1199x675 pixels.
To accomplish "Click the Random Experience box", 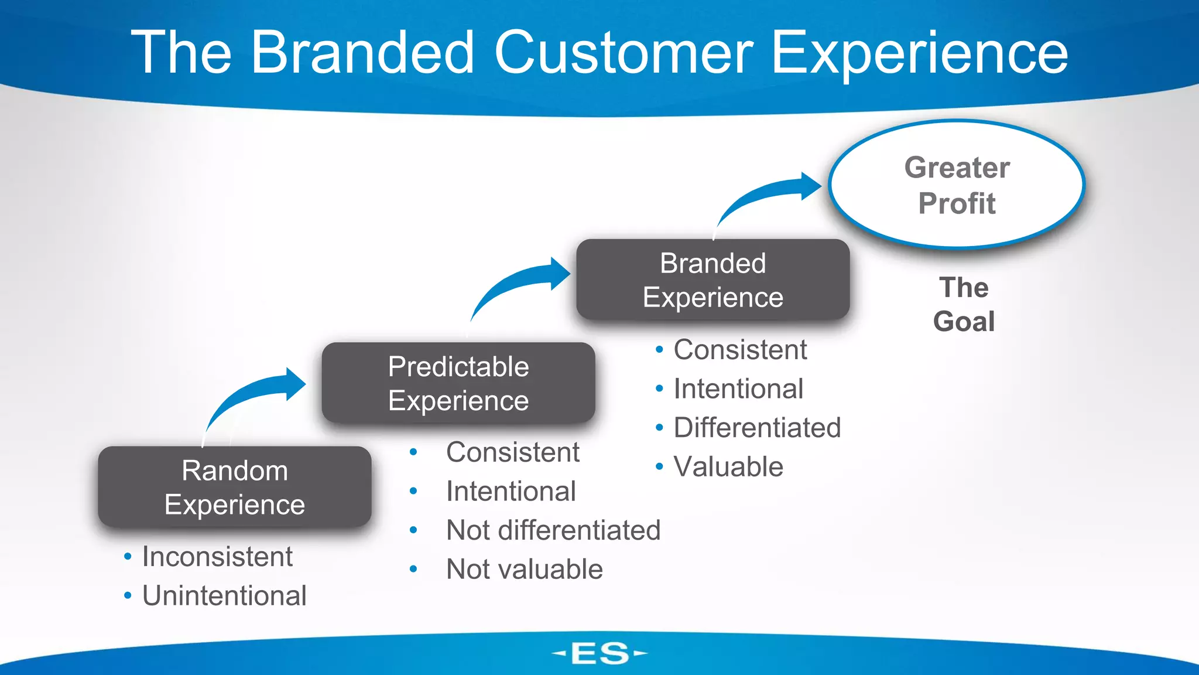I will (234, 487).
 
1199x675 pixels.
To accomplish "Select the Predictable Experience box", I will (458, 383).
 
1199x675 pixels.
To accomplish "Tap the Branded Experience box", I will (712, 280).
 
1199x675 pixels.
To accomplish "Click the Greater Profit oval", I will (956, 185).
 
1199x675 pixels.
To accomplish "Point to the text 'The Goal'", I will (964, 304).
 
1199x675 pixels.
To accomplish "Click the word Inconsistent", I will (217, 557).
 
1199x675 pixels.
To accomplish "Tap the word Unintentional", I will (224, 595).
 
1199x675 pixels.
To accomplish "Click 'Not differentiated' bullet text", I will (553, 530).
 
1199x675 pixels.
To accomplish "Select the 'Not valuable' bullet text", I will (525, 569).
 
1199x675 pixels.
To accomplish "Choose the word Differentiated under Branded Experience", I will (757, 428).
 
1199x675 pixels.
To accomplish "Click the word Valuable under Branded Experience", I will (728, 467).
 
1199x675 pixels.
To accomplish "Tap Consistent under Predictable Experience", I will (512, 452).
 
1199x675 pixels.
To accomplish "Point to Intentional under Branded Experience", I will (738, 389).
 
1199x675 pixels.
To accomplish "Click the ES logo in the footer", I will (599, 653).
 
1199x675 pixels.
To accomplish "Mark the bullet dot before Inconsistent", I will (128, 557).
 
